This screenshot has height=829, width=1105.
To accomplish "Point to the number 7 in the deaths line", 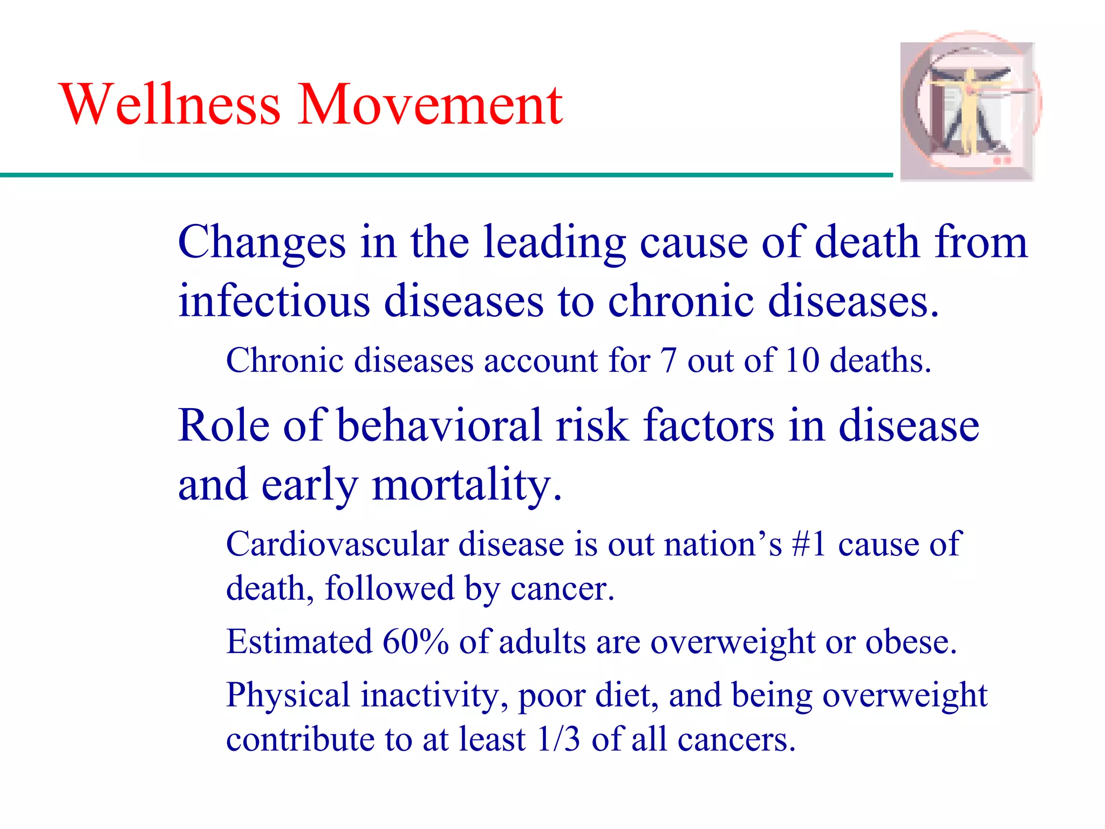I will tap(669, 361).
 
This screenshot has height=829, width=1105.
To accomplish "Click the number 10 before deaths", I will tap(802, 361).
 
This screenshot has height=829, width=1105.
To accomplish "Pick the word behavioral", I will tap(439, 426).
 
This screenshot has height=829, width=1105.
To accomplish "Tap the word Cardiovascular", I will tap(337, 544).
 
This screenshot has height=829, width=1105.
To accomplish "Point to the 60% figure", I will tap(415, 642).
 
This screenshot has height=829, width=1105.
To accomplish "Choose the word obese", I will tap(911, 642).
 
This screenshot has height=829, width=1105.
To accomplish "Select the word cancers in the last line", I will tap(736, 739).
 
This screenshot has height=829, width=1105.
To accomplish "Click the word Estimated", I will tap(299, 642).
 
